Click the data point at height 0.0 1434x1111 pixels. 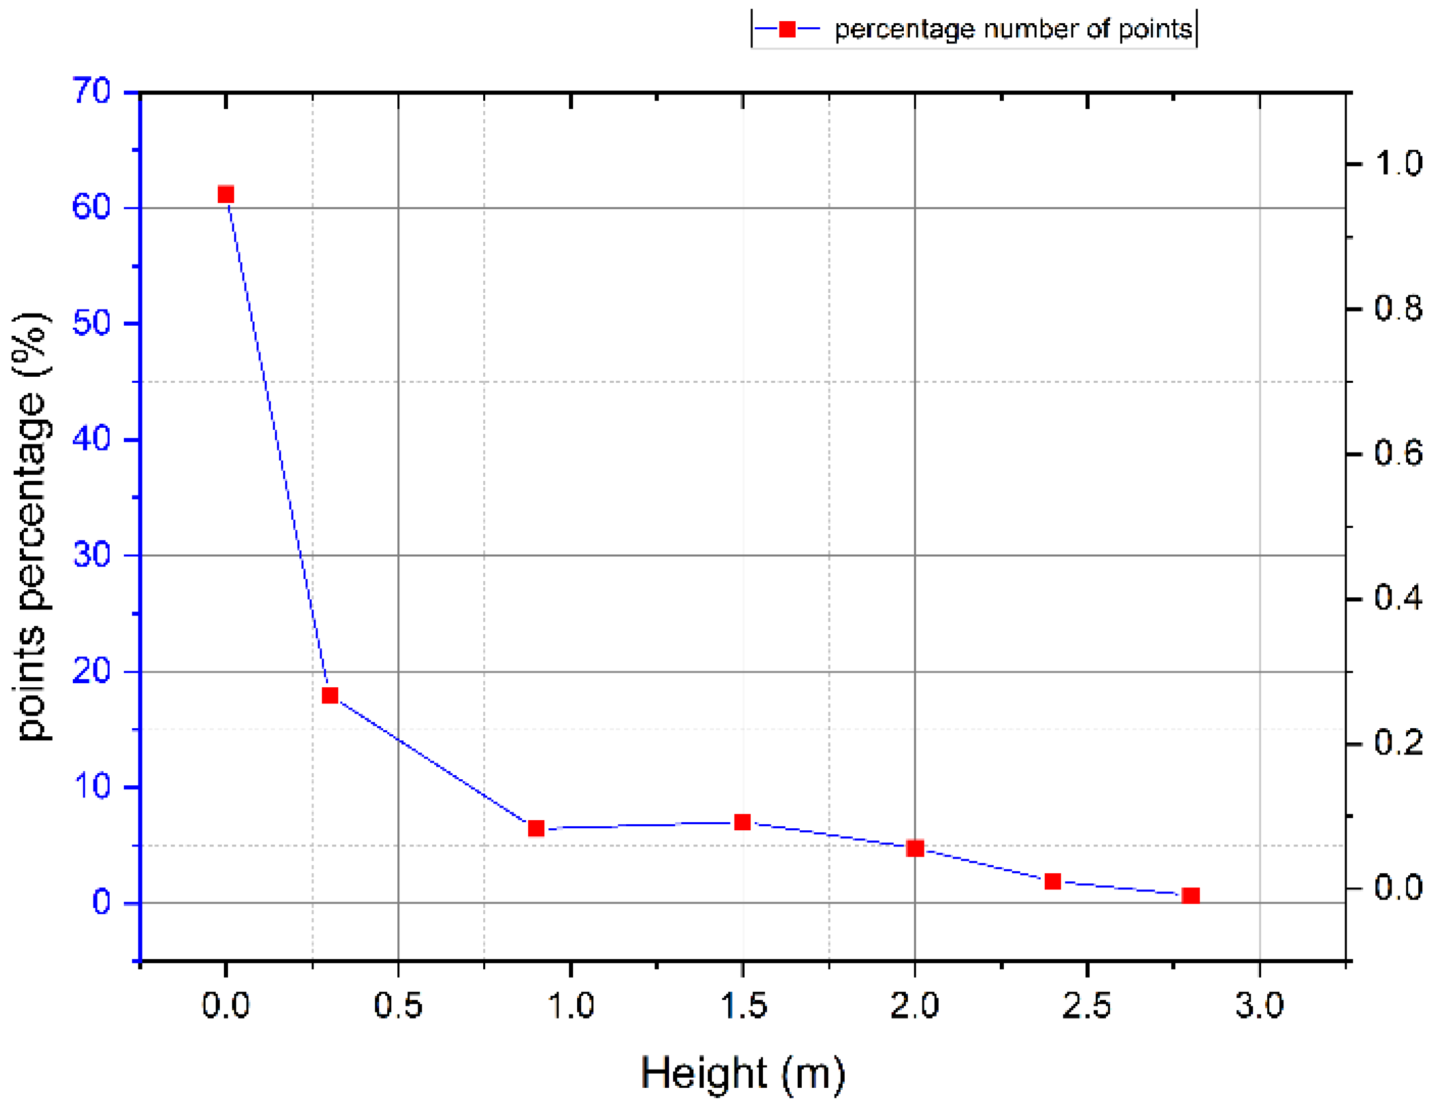[226, 195]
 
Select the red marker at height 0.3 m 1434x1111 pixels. [330, 696]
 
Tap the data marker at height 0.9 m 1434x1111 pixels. [536, 828]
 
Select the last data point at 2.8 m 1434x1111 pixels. [1191, 896]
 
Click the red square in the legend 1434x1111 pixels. [787, 29]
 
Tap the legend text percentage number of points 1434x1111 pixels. [1013, 29]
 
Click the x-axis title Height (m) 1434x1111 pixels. [743, 1073]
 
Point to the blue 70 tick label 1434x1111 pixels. [91, 92]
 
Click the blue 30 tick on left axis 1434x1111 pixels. [91, 555]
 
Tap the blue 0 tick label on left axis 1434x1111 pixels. [101, 902]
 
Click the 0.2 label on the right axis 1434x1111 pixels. [1398, 743]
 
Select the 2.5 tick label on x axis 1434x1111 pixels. [1087, 1006]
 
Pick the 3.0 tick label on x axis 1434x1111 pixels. [1259, 1006]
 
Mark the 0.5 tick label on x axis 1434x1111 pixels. [398, 1006]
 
